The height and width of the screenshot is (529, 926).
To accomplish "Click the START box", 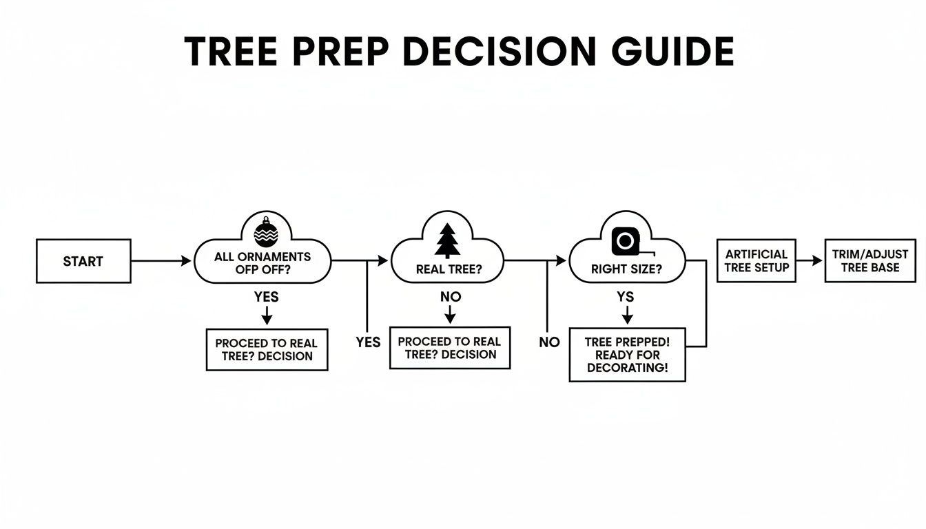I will coord(83,261).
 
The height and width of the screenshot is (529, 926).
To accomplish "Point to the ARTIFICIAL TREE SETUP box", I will coord(757,261).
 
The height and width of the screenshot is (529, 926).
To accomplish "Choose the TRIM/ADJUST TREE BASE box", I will coord(870,261).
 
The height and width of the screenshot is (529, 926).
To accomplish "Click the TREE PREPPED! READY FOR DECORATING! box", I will coord(627,355).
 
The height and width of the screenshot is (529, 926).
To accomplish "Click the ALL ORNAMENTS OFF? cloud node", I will coord(263,262).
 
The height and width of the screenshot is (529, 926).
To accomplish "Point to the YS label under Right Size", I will coord(626,297).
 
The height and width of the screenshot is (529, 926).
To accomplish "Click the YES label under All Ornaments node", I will coord(266,297).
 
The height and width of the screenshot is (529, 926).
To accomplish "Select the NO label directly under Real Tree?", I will coord(449,297).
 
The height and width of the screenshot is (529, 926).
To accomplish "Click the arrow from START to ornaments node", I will coord(161,261).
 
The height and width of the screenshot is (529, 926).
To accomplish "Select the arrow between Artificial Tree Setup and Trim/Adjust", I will coord(810,261).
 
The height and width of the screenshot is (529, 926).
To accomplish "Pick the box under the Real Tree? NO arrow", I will coord(449,348).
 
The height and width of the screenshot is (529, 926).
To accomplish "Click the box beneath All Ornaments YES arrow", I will coord(267,349).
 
